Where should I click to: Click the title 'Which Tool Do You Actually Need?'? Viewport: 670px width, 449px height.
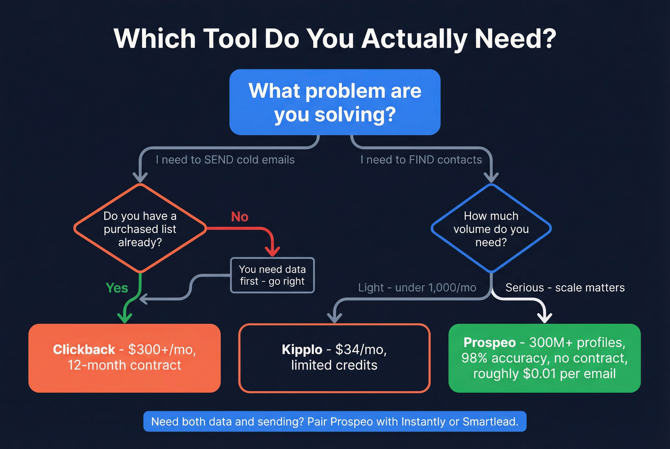[x=335, y=39]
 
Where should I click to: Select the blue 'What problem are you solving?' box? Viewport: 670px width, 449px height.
[x=335, y=102]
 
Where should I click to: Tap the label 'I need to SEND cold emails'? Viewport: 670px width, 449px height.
[x=225, y=160]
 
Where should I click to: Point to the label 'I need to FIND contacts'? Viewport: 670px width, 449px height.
[x=421, y=160]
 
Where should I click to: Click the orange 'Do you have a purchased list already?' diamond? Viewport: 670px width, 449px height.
[x=140, y=229]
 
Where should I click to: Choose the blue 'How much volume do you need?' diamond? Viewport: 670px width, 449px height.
[x=491, y=229]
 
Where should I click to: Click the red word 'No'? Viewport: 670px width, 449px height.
[x=239, y=217]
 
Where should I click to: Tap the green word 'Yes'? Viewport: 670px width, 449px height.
[x=117, y=288]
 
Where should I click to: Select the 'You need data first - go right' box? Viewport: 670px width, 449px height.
[x=272, y=275]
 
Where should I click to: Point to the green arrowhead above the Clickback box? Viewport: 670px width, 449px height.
[x=124, y=317]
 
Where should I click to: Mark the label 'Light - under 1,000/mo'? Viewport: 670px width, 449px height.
[x=417, y=287]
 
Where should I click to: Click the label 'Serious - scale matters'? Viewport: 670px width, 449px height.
[x=565, y=287]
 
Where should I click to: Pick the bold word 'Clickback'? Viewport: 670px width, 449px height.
[x=84, y=350]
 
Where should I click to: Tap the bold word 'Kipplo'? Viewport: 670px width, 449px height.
[x=301, y=350]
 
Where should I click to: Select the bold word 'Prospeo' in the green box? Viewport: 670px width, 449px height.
[x=490, y=342]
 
